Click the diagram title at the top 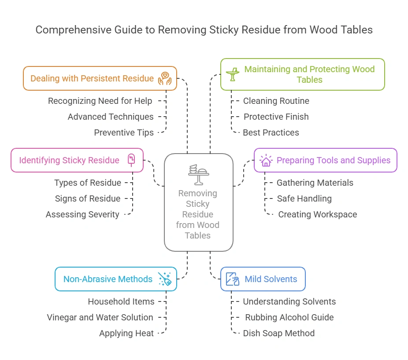pyautogui.click(x=204, y=30)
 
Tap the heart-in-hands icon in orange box pyautogui.click(x=165, y=78)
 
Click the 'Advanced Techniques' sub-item pyautogui.click(x=111, y=117)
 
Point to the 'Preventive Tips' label pyautogui.click(x=124, y=132)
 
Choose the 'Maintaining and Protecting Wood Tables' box pyautogui.click(x=303, y=74)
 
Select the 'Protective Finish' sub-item pyautogui.click(x=276, y=117)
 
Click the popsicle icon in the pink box pyautogui.click(x=131, y=159)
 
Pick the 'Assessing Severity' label pyautogui.click(x=82, y=215)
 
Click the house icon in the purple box pyautogui.click(x=266, y=160)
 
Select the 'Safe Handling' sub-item pyautogui.click(x=304, y=198)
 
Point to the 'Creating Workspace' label pyautogui.click(x=317, y=215)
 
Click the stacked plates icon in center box pyautogui.click(x=198, y=175)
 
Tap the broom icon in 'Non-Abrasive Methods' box pyautogui.click(x=165, y=279)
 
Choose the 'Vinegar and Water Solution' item pyautogui.click(x=100, y=317)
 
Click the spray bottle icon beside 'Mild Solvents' pyautogui.click(x=232, y=279)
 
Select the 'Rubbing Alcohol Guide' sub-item pyautogui.click(x=289, y=317)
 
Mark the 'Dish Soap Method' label pyautogui.click(x=278, y=333)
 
